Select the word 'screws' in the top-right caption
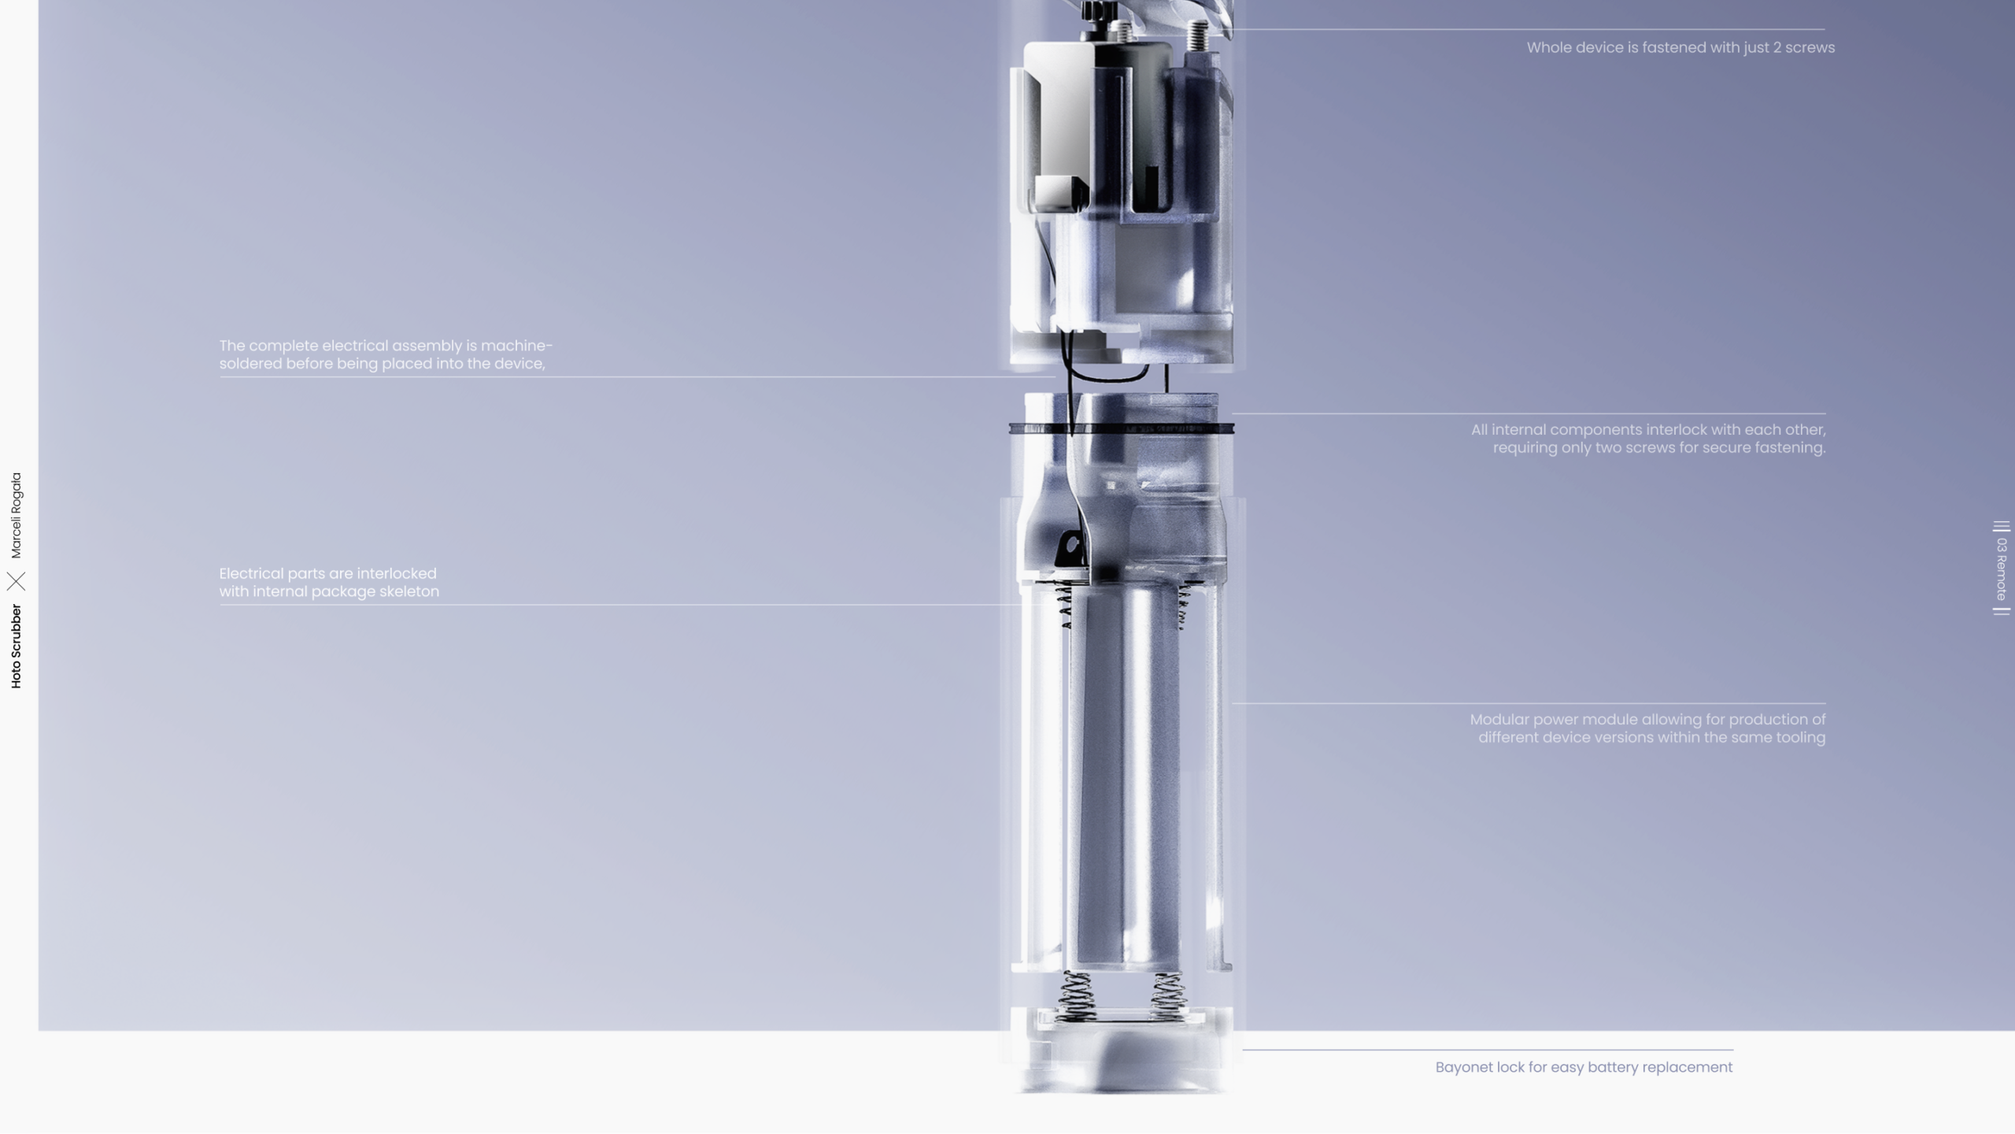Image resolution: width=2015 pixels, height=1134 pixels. tap(1810, 47)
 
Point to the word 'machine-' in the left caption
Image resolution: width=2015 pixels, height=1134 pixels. tap(516, 346)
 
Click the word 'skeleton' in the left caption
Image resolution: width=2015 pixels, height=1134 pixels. tap(409, 591)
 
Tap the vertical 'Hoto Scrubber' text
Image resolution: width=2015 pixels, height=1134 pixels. tap(17, 647)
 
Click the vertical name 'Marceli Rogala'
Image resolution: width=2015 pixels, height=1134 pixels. tap(17, 515)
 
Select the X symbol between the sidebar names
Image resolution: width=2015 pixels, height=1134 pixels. tap(17, 581)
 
